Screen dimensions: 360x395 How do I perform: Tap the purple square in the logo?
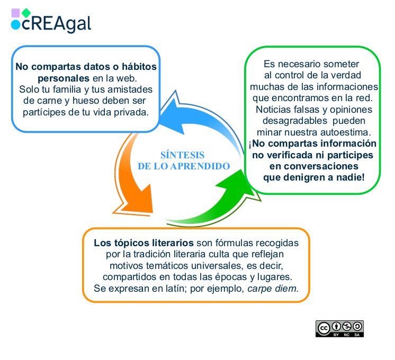point(15,13)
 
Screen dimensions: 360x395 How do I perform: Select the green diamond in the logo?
point(26,13)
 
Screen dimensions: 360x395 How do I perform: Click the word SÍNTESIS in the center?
point(182,155)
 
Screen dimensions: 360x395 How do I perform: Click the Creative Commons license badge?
point(340,329)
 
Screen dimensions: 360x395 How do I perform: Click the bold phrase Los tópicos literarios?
point(143,243)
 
